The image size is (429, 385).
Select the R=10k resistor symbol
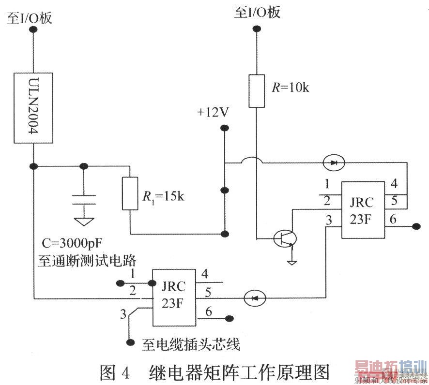(x=257, y=91)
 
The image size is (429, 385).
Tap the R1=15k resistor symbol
(x=130, y=193)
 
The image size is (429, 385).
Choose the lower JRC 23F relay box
(x=174, y=297)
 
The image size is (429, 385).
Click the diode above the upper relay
(x=334, y=163)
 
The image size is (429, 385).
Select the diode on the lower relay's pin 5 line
(x=255, y=297)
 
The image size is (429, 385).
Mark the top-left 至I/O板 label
(x=29, y=18)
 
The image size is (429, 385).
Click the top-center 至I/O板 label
(x=257, y=12)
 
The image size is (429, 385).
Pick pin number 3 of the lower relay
(x=123, y=315)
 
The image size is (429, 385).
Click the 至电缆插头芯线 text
(x=191, y=344)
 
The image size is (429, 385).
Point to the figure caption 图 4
(x=115, y=373)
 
